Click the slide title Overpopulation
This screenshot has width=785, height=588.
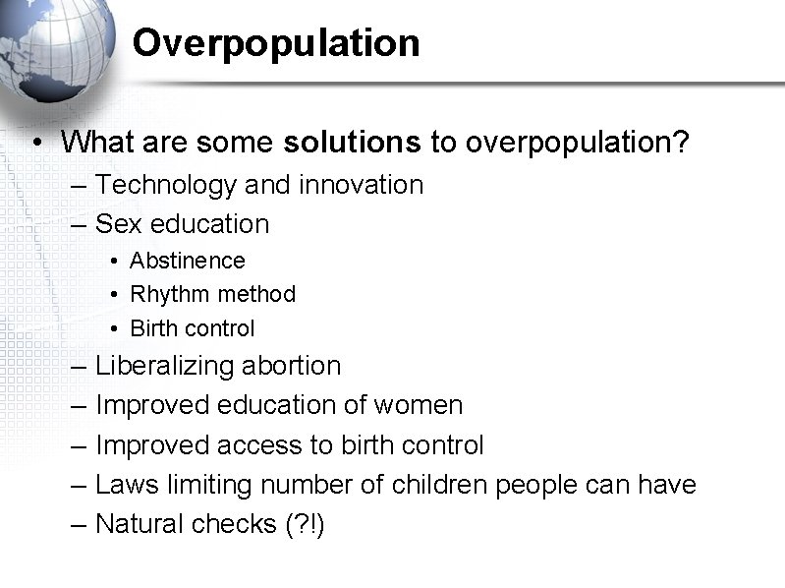[276, 43]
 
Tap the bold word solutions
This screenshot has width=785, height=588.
[352, 143]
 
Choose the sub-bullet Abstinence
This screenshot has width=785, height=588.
[187, 261]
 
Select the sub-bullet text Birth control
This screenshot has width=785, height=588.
[192, 327]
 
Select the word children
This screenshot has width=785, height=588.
[440, 485]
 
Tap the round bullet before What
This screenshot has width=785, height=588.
[36, 144]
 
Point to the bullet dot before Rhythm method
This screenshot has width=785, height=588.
[114, 294]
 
